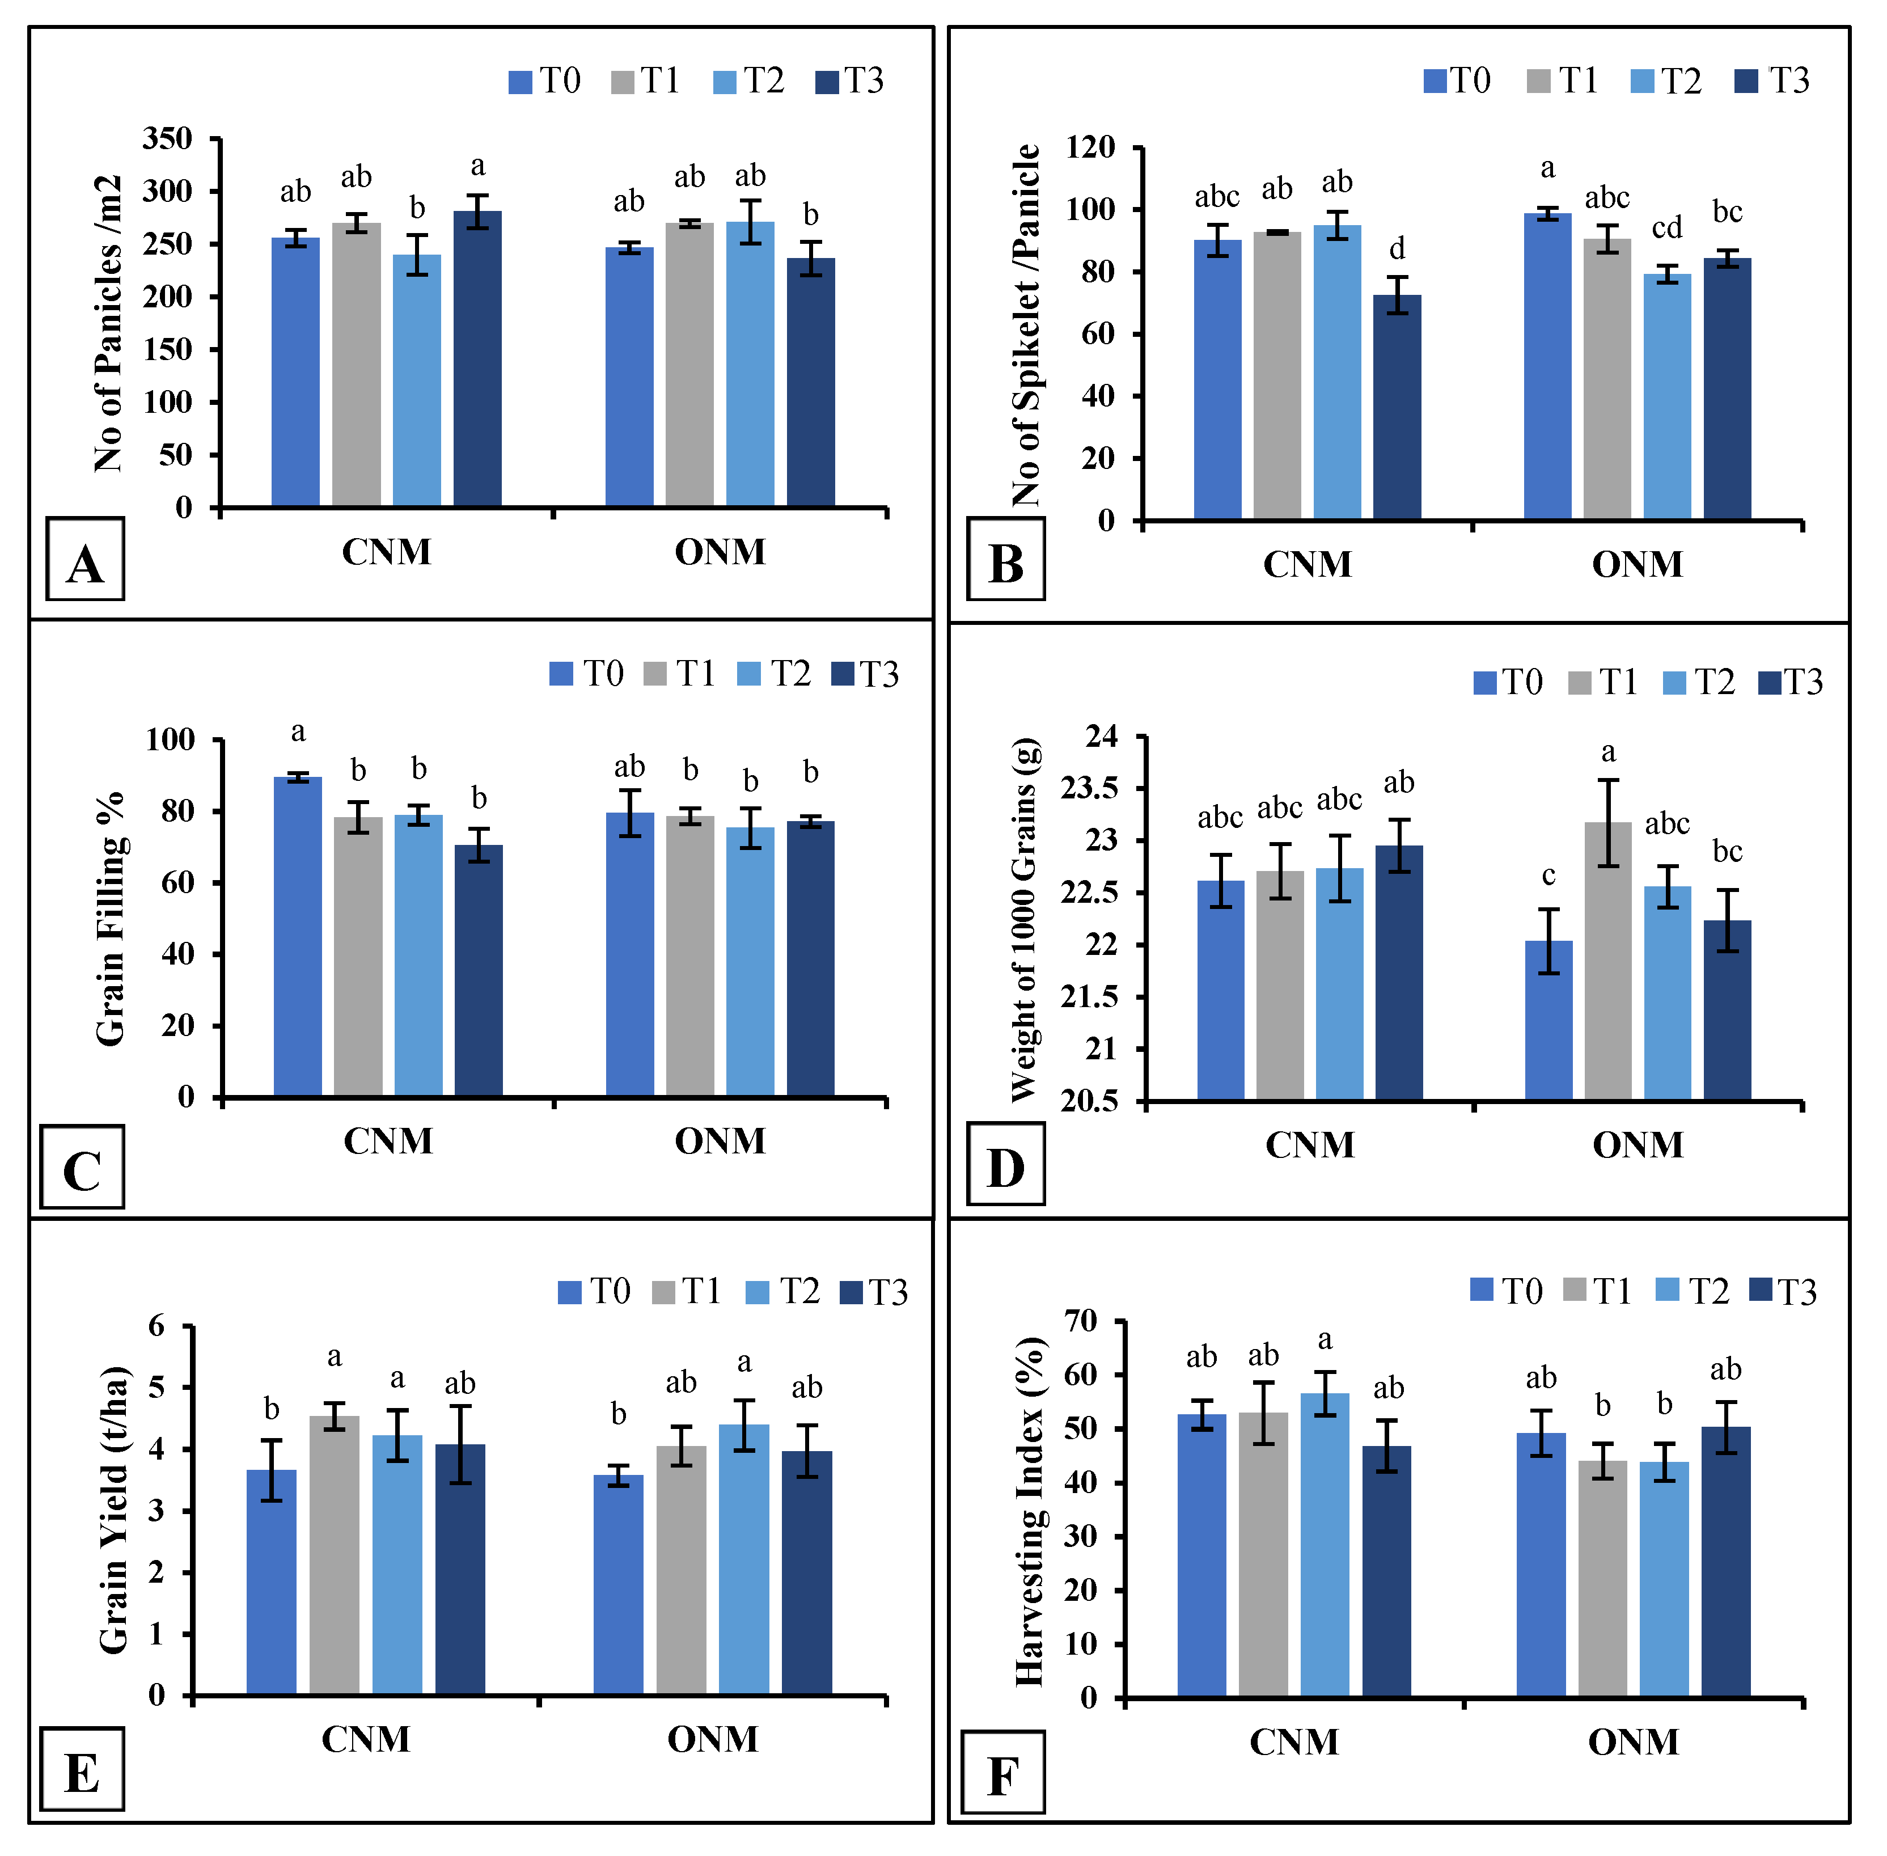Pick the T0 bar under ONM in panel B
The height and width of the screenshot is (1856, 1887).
1547,366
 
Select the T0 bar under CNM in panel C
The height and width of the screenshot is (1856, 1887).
297,936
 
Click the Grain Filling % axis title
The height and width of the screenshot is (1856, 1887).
110,918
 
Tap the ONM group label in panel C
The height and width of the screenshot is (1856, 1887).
720,1140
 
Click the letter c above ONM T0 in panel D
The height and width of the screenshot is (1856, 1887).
1548,876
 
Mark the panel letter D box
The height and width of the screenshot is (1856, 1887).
1005,1164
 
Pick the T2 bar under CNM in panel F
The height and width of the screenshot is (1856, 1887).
1323,1546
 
